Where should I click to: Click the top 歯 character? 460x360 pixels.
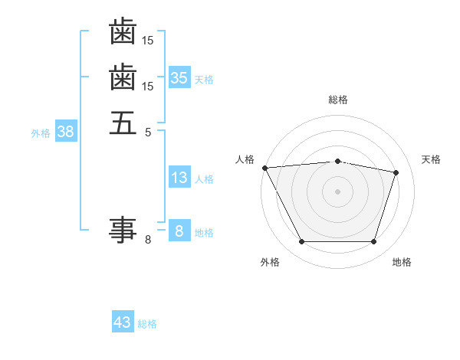coord(123,32)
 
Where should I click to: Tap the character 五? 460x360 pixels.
coord(123,123)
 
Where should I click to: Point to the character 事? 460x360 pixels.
coord(123,229)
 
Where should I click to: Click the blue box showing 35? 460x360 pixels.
coord(179,78)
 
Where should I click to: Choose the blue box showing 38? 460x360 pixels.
coord(66,132)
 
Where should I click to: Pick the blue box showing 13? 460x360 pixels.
coord(179,178)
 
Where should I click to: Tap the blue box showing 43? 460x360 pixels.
coord(123,322)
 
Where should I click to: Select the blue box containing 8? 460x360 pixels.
coord(179,231)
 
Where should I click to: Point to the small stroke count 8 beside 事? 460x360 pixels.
coord(148,240)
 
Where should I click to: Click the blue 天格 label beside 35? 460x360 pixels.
coord(204,79)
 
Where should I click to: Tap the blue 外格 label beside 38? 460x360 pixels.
coord(41,133)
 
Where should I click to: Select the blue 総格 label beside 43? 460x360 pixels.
coord(147,324)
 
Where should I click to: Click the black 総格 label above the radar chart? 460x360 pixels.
coord(338,100)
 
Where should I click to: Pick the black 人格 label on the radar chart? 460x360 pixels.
coord(245,159)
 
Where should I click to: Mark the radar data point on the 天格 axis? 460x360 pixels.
coord(396,172)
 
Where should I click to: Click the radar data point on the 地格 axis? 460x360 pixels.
coord(373,242)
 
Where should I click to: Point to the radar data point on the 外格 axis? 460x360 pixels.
coord(301,242)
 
